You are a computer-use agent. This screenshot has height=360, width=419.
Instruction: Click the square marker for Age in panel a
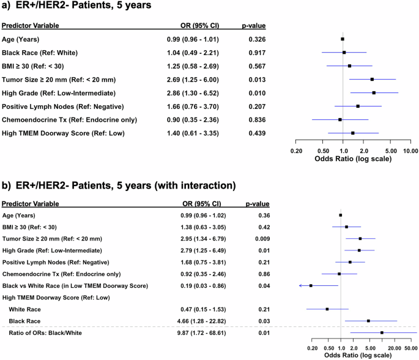(343, 39)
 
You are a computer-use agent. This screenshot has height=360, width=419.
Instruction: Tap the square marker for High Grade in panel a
(374, 92)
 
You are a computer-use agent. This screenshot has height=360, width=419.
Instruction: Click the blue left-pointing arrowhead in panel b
(300, 286)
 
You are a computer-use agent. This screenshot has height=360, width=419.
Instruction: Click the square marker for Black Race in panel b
(368, 321)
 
